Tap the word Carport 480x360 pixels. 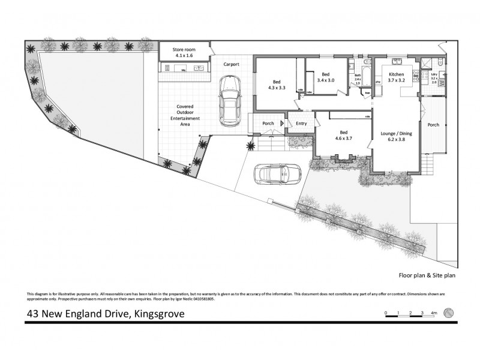pyautogui.click(x=231, y=64)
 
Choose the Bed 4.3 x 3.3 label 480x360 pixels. pyautogui.click(x=276, y=85)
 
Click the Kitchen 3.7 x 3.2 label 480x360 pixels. pyautogui.click(x=396, y=76)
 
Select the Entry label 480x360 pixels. pyautogui.click(x=301, y=124)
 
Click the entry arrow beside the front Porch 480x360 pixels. pyautogui.click(x=282, y=124)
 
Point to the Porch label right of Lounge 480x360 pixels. pyautogui.click(x=433, y=125)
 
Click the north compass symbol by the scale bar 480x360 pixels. pyautogui.click(x=448, y=313)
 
